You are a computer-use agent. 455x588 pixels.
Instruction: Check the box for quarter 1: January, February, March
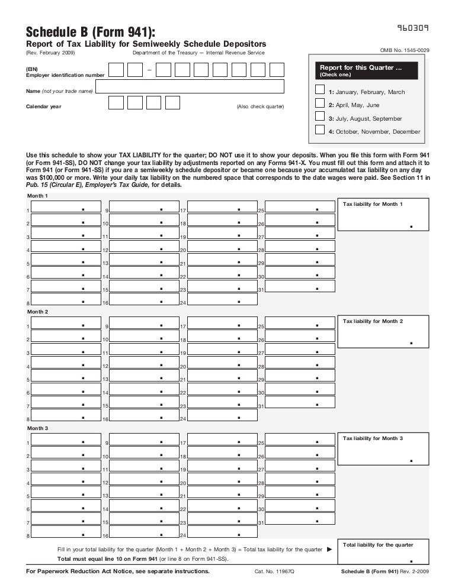pyautogui.click(x=320, y=89)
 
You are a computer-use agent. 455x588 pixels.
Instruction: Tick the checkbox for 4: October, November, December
pyautogui.click(x=320, y=130)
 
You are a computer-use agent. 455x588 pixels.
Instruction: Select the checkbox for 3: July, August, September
pyautogui.click(x=320, y=116)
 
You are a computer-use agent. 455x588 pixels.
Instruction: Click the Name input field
pyautogui.click(x=190, y=87)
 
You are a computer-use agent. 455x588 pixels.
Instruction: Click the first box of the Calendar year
pyautogui.click(x=116, y=102)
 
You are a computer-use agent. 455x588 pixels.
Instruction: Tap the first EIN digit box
pyautogui.click(x=116, y=70)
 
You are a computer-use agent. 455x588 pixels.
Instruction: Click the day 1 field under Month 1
pyautogui.click(x=66, y=207)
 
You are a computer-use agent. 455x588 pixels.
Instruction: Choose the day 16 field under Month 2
pyautogui.click(x=144, y=416)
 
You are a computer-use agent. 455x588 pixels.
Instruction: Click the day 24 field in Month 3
pyautogui.click(x=222, y=534)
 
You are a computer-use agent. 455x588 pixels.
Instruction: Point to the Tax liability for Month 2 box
pyautogui.click(x=382, y=332)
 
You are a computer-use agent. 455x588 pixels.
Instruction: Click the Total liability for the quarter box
pyautogui.click(x=382, y=552)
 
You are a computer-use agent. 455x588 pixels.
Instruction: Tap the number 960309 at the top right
pyautogui.click(x=413, y=28)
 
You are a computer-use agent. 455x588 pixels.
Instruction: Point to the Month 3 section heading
pyautogui.click(x=38, y=428)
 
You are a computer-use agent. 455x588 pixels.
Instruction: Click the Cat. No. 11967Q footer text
pyautogui.click(x=274, y=571)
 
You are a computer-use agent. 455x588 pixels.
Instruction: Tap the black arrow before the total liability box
pyautogui.click(x=330, y=550)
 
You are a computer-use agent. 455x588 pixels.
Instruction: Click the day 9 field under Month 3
pyautogui.click(x=144, y=441)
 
